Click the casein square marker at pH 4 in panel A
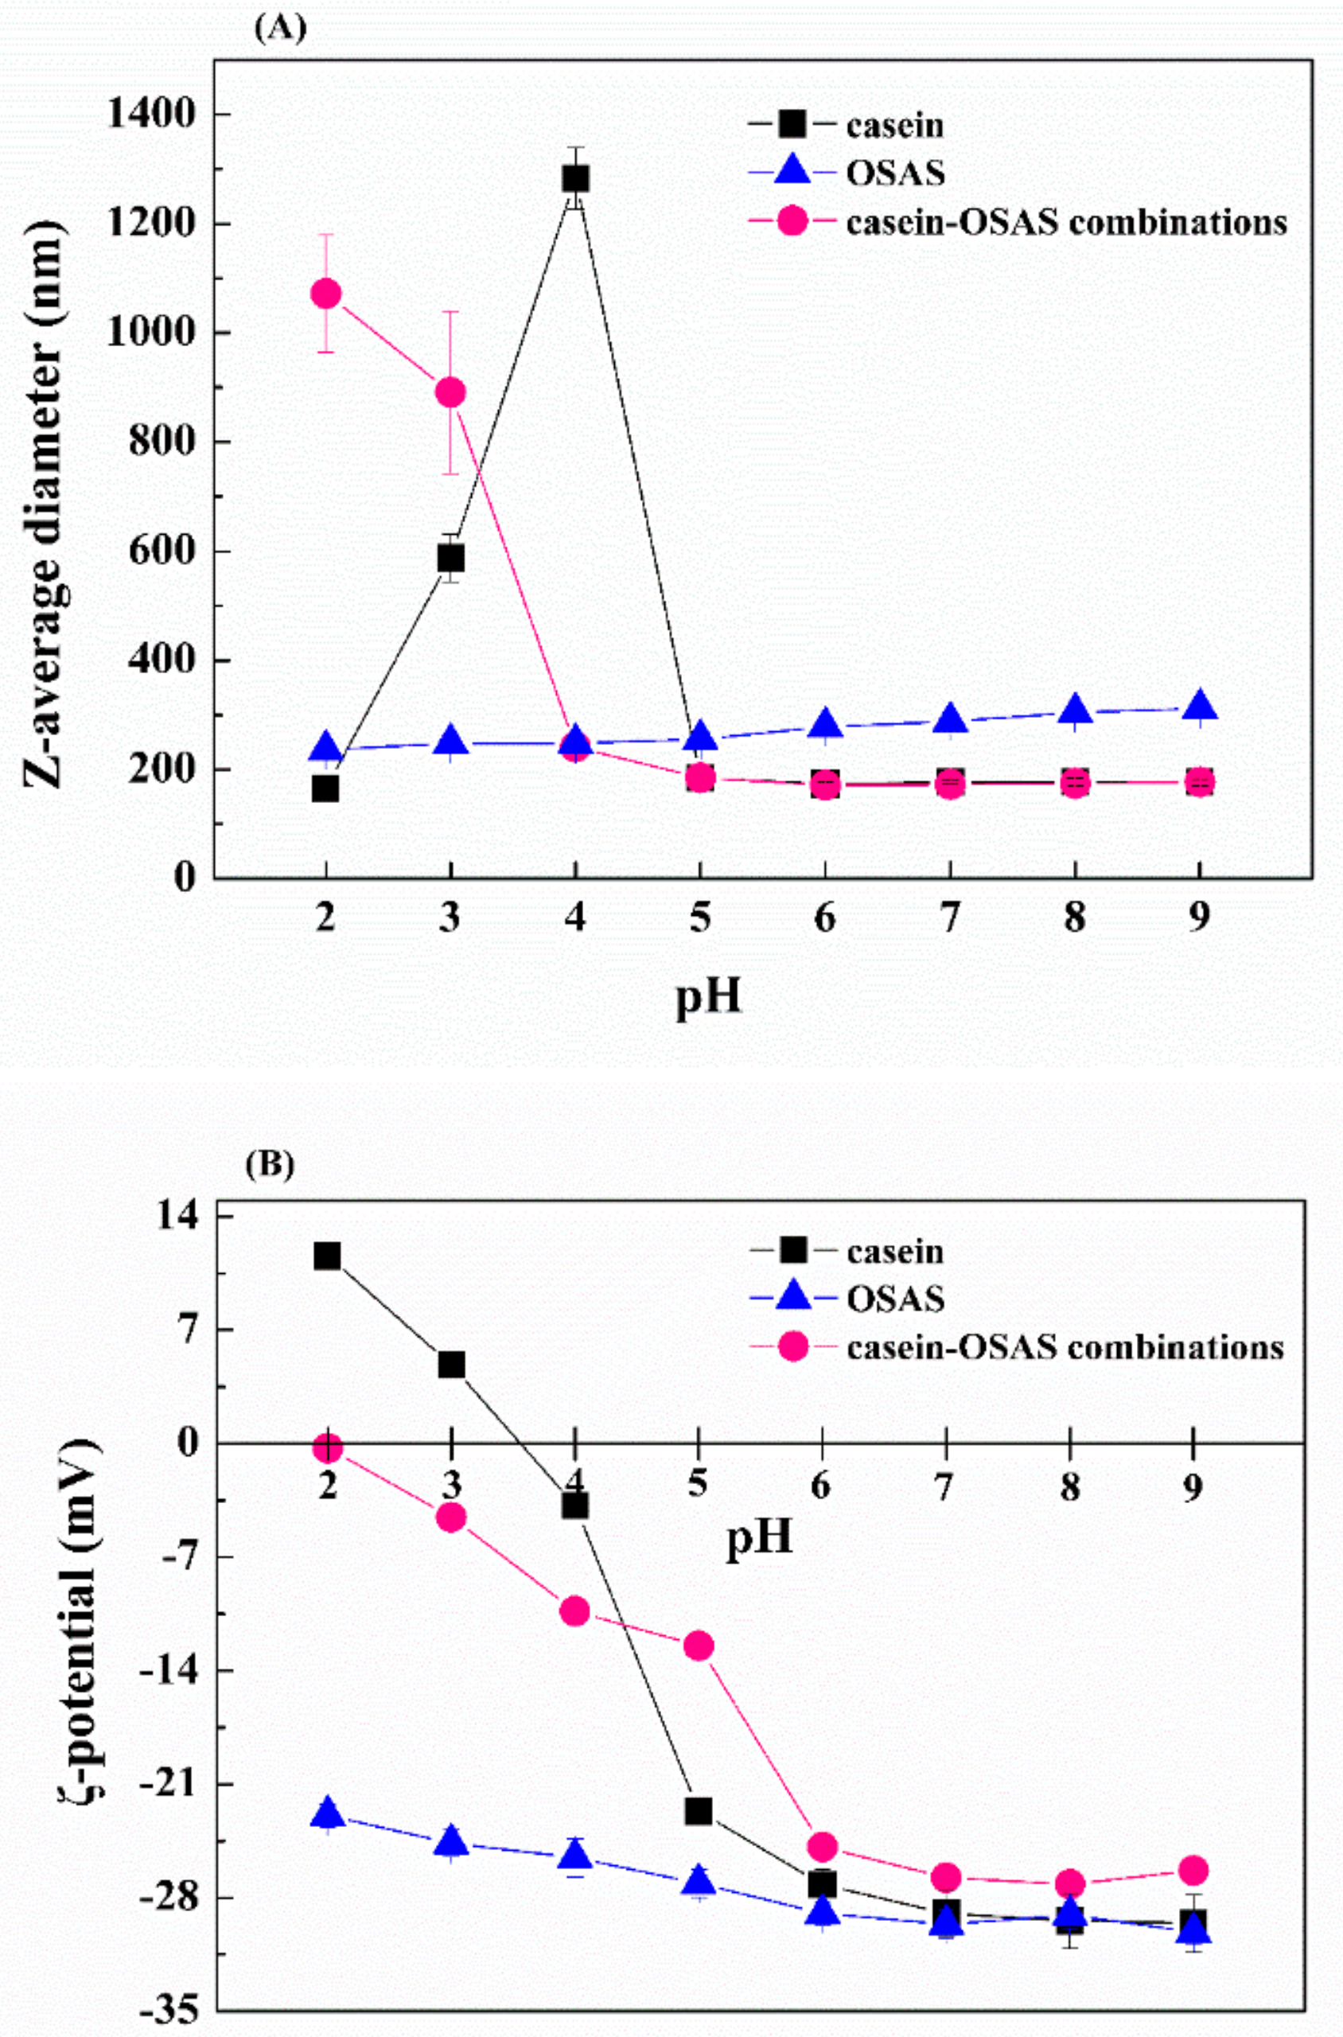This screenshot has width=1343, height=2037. coord(575,178)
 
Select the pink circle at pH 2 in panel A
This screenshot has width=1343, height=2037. coord(325,294)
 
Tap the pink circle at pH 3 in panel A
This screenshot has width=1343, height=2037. coord(450,392)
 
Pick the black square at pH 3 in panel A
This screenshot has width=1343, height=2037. coord(450,558)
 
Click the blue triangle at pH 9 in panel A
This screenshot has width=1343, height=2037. coord(1199,706)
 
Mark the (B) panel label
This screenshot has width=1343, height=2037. coord(270,1166)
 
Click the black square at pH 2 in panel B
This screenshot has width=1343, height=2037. coord(327,1256)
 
